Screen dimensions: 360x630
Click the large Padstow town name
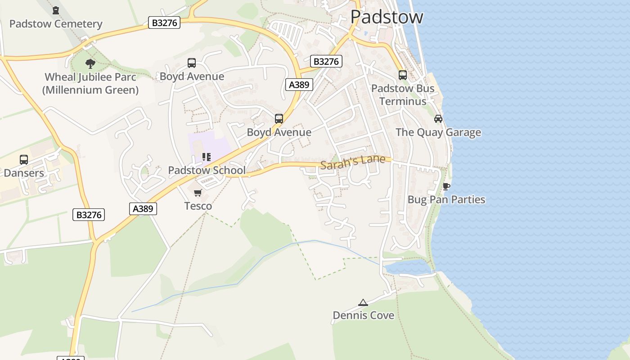(x=387, y=17)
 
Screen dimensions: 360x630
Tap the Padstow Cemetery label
(x=56, y=24)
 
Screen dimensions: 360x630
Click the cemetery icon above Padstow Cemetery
(x=56, y=10)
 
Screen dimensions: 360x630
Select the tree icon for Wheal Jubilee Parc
(x=90, y=63)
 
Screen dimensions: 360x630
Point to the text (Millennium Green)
(x=90, y=90)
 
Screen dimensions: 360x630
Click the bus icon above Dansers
(x=24, y=160)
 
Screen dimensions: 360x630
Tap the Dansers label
(x=24, y=173)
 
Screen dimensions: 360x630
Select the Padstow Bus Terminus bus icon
(x=403, y=75)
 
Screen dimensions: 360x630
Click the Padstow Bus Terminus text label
(x=403, y=94)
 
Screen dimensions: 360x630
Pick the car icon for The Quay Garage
(x=438, y=119)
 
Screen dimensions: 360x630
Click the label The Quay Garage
(x=438, y=132)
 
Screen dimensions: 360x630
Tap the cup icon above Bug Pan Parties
(x=446, y=186)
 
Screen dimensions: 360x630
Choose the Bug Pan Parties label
(x=446, y=199)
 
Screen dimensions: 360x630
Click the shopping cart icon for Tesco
(x=198, y=193)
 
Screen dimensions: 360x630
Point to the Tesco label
(x=198, y=206)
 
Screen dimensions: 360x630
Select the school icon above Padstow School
(x=207, y=157)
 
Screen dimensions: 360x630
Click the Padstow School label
(x=207, y=170)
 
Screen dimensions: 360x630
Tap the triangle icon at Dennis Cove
(x=363, y=302)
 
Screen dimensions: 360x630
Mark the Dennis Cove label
(x=363, y=315)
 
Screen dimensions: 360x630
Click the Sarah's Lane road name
(x=353, y=162)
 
